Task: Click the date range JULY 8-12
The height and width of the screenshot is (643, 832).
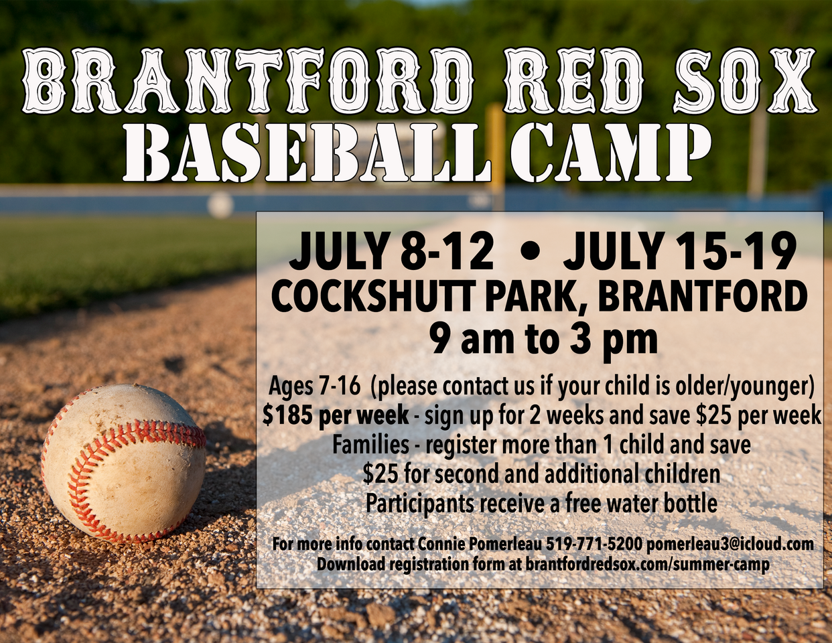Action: tap(391, 251)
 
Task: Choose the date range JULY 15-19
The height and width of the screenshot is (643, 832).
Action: tap(681, 251)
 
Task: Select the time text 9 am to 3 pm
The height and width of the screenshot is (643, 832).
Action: tap(543, 339)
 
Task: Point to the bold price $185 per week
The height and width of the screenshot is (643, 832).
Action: tap(336, 416)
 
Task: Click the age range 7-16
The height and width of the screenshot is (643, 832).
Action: tap(340, 386)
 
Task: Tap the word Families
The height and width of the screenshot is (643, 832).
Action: tap(370, 445)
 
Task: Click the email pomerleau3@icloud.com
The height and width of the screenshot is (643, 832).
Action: tap(730, 544)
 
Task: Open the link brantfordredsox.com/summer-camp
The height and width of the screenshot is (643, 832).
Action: tap(647, 564)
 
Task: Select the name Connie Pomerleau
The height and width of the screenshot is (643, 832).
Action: tap(480, 544)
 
